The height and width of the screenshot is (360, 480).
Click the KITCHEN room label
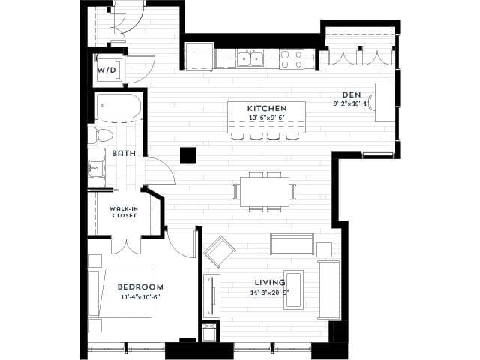pyautogui.click(x=267, y=109)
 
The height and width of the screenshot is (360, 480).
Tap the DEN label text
pyautogui.click(x=351, y=94)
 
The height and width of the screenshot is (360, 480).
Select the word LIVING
pyautogui.click(x=270, y=283)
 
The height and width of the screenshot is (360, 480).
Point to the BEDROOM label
pyautogui.click(x=140, y=287)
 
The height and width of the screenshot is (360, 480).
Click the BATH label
pyautogui.click(x=123, y=153)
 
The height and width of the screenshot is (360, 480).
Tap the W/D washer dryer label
pyautogui.click(x=106, y=70)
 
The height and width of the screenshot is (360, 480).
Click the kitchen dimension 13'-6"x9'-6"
pyautogui.click(x=267, y=118)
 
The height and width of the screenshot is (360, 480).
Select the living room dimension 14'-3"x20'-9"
pyautogui.click(x=270, y=292)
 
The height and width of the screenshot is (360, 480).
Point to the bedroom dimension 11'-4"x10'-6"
pyautogui.click(x=140, y=297)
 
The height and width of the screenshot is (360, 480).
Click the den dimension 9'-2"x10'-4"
pyautogui.click(x=351, y=103)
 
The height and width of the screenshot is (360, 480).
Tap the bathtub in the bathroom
pyautogui.click(x=118, y=107)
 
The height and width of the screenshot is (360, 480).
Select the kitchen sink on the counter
pyautogui.click(x=249, y=57)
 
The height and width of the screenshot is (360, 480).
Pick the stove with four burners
pyautogui.click(x=292, y=58)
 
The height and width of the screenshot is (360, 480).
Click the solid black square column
pyautogui.click(x=188, y=155)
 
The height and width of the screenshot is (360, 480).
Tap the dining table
pyautogui.click(x=265, y=190)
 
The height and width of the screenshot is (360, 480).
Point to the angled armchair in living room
pyautogui.click(x=220, y=251)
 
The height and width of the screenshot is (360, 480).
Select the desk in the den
pyautogui.click(x=384, y=102)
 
